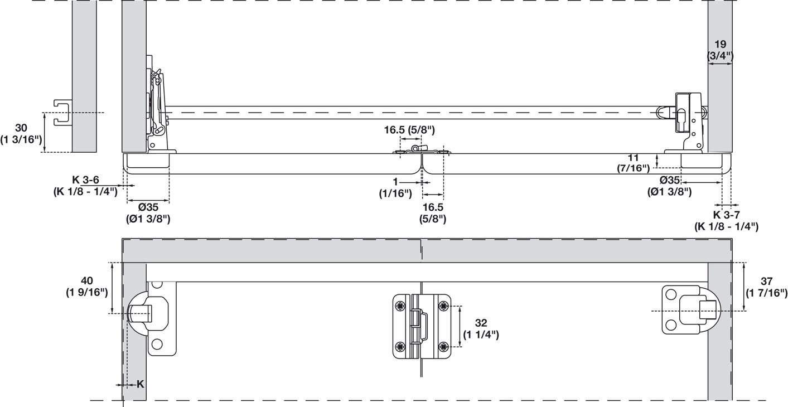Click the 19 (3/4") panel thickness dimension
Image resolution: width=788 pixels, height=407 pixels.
pos(720,50)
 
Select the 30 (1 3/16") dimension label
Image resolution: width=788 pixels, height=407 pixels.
pos(21,133)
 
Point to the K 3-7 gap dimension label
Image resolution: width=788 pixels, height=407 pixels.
pos(726,220)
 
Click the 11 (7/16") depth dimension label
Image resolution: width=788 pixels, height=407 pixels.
pos(633,162)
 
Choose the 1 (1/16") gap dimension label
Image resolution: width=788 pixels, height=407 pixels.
pos(395,188)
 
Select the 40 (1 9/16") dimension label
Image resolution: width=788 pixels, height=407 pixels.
pos(86,286)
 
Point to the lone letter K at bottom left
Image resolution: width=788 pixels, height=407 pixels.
pos(140,384)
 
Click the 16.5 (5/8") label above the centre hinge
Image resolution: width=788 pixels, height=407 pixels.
pos(409,130)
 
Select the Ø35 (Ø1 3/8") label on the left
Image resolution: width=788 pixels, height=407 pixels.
pos(148,212)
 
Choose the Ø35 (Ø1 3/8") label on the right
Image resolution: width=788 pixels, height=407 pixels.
pos(669,186)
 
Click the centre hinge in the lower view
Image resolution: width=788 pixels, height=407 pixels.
pos(422,327)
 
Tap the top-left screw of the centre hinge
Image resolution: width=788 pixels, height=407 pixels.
pos(400,306)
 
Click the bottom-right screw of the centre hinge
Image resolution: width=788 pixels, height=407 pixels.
pos(443,347)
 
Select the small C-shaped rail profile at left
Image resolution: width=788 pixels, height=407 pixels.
pos(62,113)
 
